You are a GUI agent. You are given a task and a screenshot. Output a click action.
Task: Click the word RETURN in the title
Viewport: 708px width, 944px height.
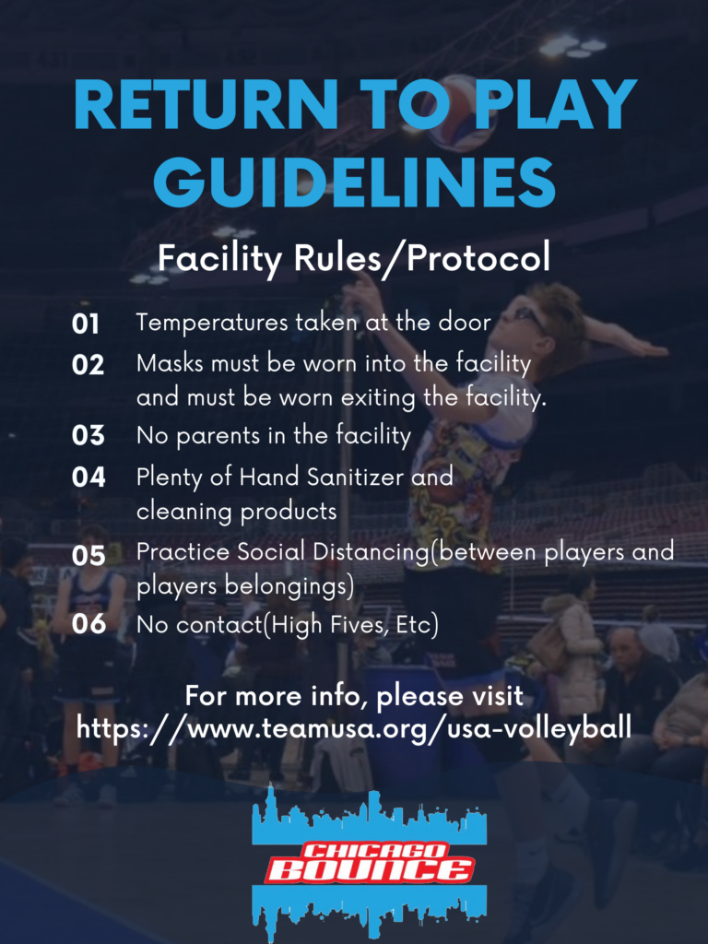pyautogui.click(x=206, y=104)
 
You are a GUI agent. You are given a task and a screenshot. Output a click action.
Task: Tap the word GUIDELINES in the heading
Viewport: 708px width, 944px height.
pyautogui.click(x=354, y=182)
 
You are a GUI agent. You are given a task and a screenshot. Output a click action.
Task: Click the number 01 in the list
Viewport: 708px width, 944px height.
pyautogui.click(x=86, y=324)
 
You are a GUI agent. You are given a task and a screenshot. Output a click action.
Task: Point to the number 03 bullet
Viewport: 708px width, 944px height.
pyautogui.click(x=88, y=435)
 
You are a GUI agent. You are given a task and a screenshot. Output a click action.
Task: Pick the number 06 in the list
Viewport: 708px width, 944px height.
pyautogui.click(x=88, y=624)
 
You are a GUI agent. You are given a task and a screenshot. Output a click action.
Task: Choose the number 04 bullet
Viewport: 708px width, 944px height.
pyautogui.click(x=88, y=478)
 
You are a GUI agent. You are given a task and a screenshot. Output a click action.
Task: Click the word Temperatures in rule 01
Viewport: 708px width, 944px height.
pyautogui.click(x=212, y=324)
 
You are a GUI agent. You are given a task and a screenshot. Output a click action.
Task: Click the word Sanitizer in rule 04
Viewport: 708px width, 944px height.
pyautogui.click(x=355, y=478)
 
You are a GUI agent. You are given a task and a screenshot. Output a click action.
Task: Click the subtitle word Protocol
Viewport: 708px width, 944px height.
pyautogui.click(x=478, y=258)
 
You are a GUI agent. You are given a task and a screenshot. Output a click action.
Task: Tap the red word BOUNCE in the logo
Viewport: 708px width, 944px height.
pyautogui.click(x=369, y=869)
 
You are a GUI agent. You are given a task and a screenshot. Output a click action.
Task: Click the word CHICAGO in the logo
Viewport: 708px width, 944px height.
pyautogui.click(x=374, y=850)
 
